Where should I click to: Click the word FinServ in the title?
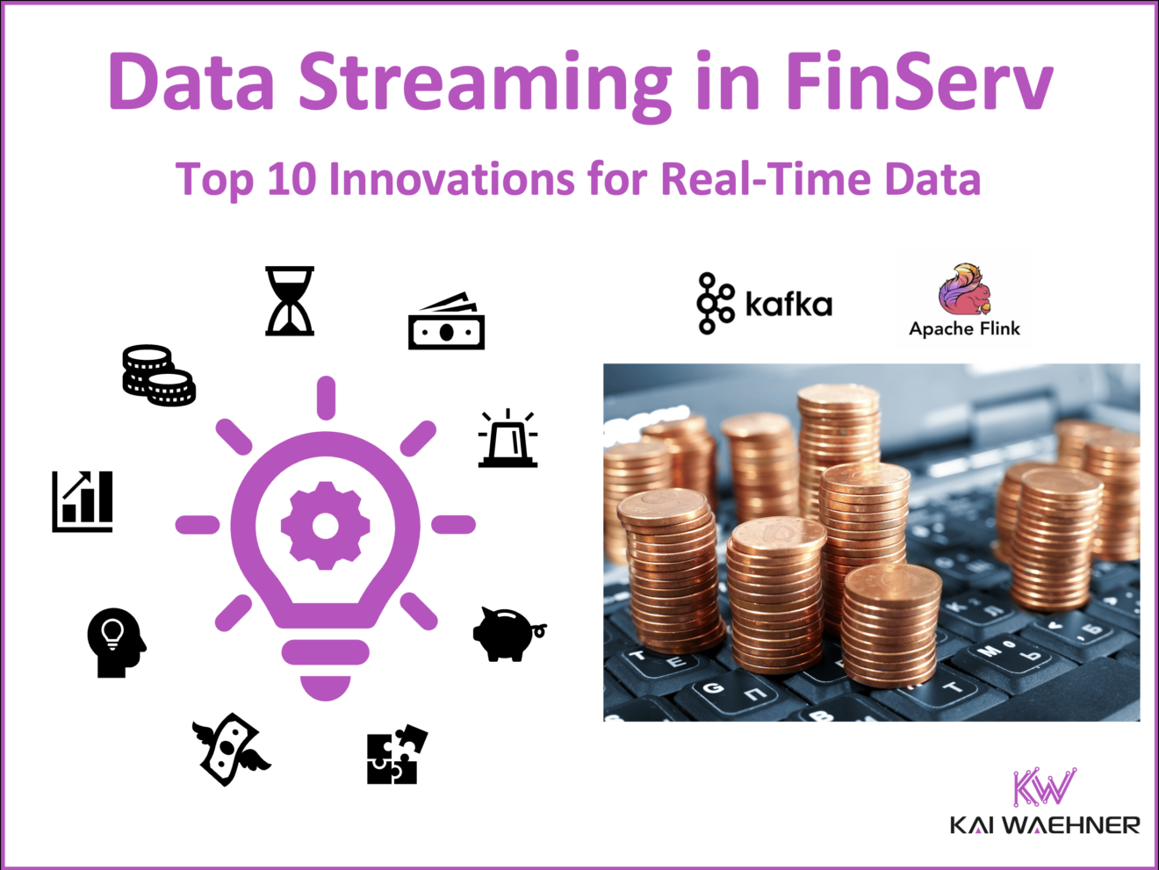point(918,81)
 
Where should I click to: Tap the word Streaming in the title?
point(485,81)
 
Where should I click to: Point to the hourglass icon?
point(290,301)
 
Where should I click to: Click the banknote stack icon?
point(446,321)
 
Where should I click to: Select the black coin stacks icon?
point(158,375)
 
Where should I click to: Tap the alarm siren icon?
point(508,438)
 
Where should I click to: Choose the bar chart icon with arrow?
point(83,501)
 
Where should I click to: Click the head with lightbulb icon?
point(116,642)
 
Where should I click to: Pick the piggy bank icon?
point(508,632)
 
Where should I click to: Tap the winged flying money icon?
point(231,749)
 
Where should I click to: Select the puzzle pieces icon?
point(396,754)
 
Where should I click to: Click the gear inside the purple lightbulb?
point(325,525)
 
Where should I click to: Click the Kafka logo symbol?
point(716,303)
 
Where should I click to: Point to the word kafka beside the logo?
point(788,305)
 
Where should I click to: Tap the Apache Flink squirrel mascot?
point(963,290)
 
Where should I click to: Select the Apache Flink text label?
point(964,329)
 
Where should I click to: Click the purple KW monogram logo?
point(1044,787)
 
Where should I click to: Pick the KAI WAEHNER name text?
point(1045,825)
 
